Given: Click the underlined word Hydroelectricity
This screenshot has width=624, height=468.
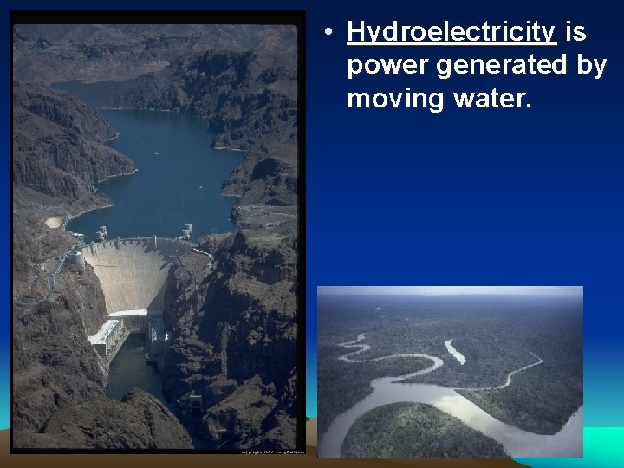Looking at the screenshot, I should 451,33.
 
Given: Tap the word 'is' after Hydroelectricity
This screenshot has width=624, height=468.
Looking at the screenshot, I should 575,33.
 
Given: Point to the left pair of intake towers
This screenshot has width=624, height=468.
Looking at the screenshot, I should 101,233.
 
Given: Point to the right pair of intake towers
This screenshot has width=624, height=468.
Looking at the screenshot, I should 186,231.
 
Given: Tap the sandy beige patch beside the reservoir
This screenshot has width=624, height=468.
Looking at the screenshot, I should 54,222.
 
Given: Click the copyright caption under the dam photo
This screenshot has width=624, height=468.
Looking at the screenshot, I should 269,451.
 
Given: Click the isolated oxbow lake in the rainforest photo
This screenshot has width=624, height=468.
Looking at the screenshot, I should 454,350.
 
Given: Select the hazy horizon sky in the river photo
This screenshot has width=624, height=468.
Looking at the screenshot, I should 450,292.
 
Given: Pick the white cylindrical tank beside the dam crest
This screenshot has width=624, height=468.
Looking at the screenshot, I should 80,258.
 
